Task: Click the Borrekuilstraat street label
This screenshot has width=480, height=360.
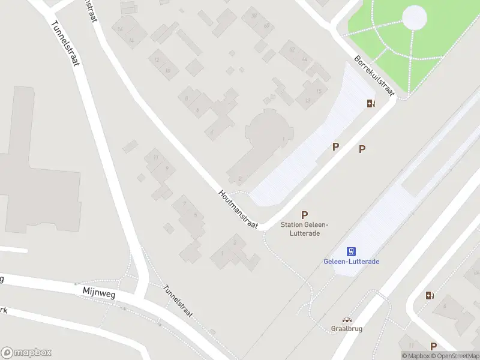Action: coord(373,76)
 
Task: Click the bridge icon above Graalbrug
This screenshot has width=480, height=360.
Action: coord(347,320)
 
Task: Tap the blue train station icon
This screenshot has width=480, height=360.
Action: coord(352,251)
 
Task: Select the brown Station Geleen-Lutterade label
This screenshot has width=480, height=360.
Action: coord(304,229)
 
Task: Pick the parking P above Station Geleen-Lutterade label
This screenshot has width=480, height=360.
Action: coord(305,215)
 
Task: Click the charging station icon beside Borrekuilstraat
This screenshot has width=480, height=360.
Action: coord(371,103)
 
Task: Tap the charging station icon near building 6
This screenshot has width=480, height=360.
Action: coord(430,295)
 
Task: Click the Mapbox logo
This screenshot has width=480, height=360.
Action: coord(26,353)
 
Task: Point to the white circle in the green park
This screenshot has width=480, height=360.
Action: coord(415,17)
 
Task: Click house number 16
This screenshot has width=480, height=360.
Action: coord(121,29)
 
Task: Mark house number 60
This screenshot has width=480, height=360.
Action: coord(266,26)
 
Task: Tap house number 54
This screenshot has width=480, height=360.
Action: coord(304,59)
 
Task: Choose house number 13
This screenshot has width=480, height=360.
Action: coord(307,100)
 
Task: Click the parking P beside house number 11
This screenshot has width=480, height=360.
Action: coord(433,346)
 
